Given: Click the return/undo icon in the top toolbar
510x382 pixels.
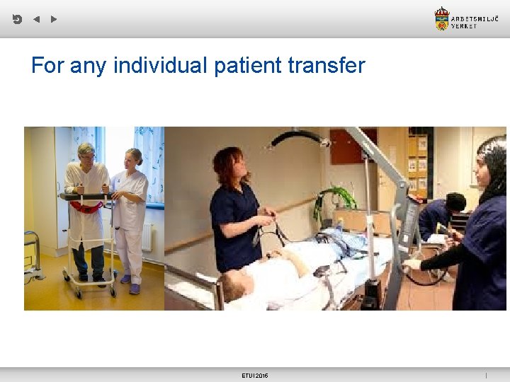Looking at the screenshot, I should pyautogui.click(x=17, y=19).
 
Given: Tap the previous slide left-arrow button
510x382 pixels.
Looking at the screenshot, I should pyautogui.click(x=36, y=19).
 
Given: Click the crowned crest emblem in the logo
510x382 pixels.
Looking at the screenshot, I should pyautogui.click(x=442, y=19).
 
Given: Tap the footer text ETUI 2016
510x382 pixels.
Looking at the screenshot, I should pyautogui.click(x=255, y=375).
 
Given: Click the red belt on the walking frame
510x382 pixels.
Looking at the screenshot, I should pyautogui.click(x=86, y=207).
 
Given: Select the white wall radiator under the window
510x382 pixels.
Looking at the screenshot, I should pyautogui.click(x=147, y=237).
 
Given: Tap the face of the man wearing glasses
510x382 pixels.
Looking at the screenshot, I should pyautogui.click(x=86, y=154).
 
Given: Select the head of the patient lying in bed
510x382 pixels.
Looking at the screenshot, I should pyautogui.click(x=238, y=284).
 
